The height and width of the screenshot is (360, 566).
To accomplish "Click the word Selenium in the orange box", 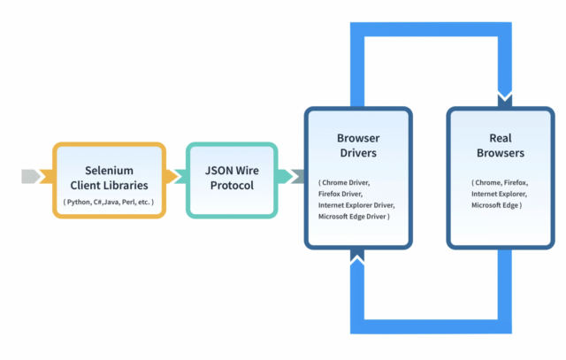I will (x=109, y=170).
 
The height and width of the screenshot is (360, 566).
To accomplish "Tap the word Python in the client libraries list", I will (x=84, y=203).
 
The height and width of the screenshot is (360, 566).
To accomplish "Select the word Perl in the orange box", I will (x=129, y=203).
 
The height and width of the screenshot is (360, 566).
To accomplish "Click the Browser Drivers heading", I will (x=358, y=146).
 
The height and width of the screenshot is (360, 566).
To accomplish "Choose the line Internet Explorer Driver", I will (x=356, y=205).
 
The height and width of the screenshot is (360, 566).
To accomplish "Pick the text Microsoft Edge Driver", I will (x=353, y=217).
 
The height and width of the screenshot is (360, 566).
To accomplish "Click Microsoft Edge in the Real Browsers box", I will (x=496, y=205).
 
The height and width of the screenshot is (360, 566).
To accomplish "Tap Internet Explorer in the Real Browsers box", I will (x=499, y=194).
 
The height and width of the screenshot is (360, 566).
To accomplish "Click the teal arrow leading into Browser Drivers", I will (x=292, y=177).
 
